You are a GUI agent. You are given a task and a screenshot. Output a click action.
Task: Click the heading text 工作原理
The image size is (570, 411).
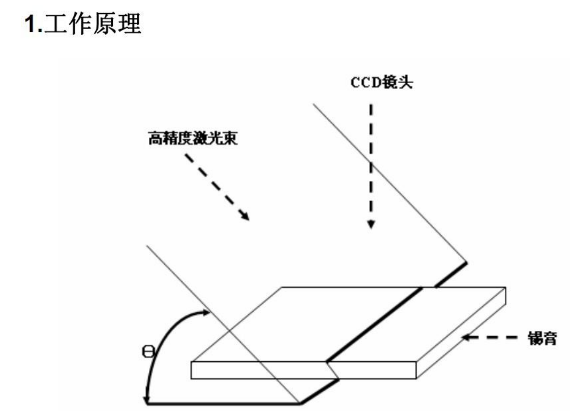[x=92, y=24]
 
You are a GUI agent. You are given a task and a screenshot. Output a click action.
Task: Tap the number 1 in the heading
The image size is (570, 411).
[x=32, y=24]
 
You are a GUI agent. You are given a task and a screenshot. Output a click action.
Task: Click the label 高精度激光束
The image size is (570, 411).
[x=192, y=137]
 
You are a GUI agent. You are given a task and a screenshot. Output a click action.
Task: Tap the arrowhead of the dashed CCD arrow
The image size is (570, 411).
[x=370, y=224]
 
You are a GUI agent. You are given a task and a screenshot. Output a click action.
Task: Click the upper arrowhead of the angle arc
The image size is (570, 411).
[x=205, y=313]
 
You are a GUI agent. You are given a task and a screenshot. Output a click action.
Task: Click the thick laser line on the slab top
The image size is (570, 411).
[x=373, y=324]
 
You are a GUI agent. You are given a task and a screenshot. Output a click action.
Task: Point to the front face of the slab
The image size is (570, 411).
[x=261, y=370]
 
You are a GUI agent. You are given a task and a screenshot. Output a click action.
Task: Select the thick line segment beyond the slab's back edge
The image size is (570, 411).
[x=451, y=274]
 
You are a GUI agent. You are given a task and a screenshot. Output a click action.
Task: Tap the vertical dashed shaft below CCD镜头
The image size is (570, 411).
[x=370, y=160]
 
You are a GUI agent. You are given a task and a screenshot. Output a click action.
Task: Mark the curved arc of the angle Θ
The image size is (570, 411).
[x=160, y=341]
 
